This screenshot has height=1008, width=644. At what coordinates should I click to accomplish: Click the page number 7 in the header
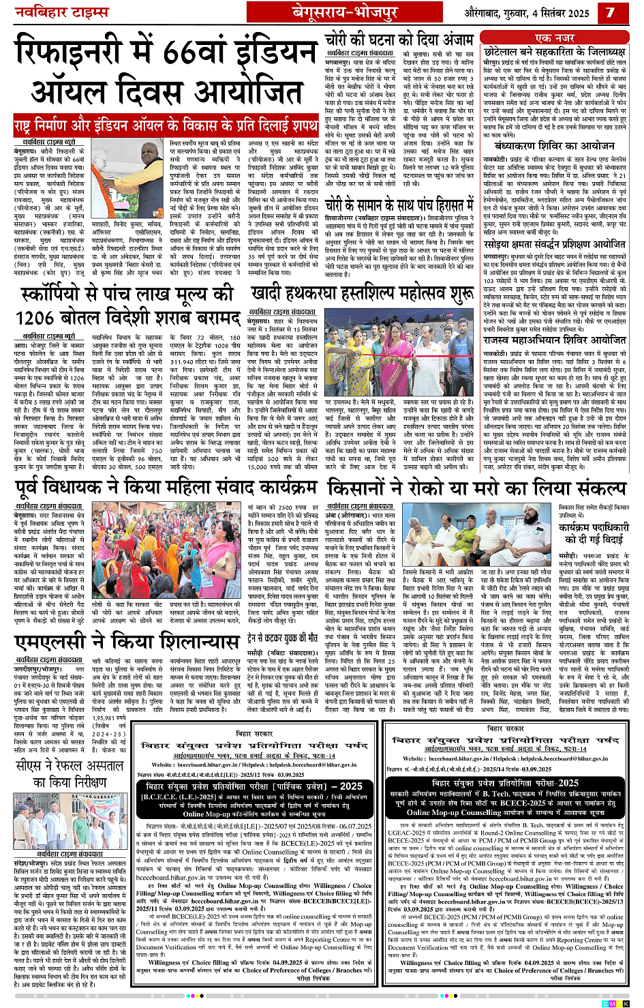(x=610, y=12)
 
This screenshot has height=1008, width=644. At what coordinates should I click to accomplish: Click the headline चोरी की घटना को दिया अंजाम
(x=399, y=38)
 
